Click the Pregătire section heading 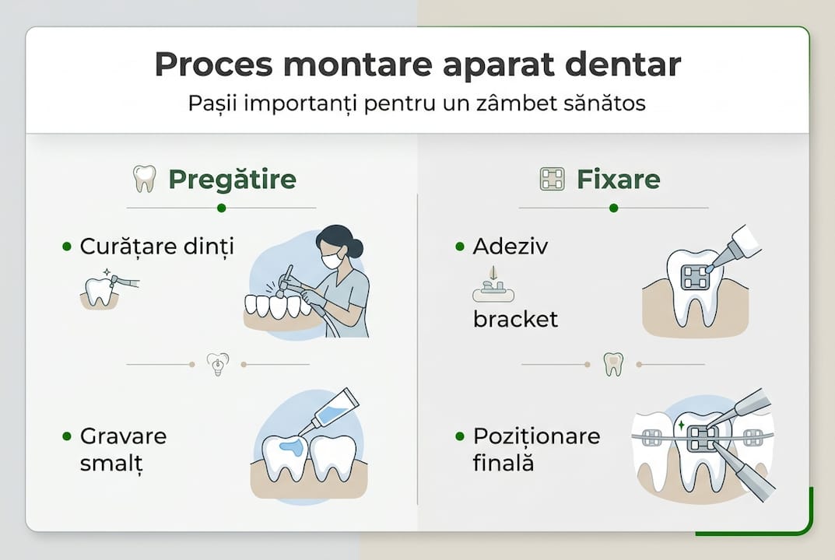click(232, 180)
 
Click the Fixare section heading click(618, 180)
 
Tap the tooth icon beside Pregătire click(145, 179)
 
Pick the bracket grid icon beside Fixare click(552, 180)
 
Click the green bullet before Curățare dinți click(66, 247)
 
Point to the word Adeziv click(510, 247)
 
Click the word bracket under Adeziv click(515, 319)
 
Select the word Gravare click(123, 436)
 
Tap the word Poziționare click(536, 436)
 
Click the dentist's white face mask click(332, 260)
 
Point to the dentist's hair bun click(356, 247)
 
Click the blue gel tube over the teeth click(334, 412)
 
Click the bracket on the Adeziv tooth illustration click(694, 277)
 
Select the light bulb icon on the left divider click(217, 364)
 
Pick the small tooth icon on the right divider click(613, 364)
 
